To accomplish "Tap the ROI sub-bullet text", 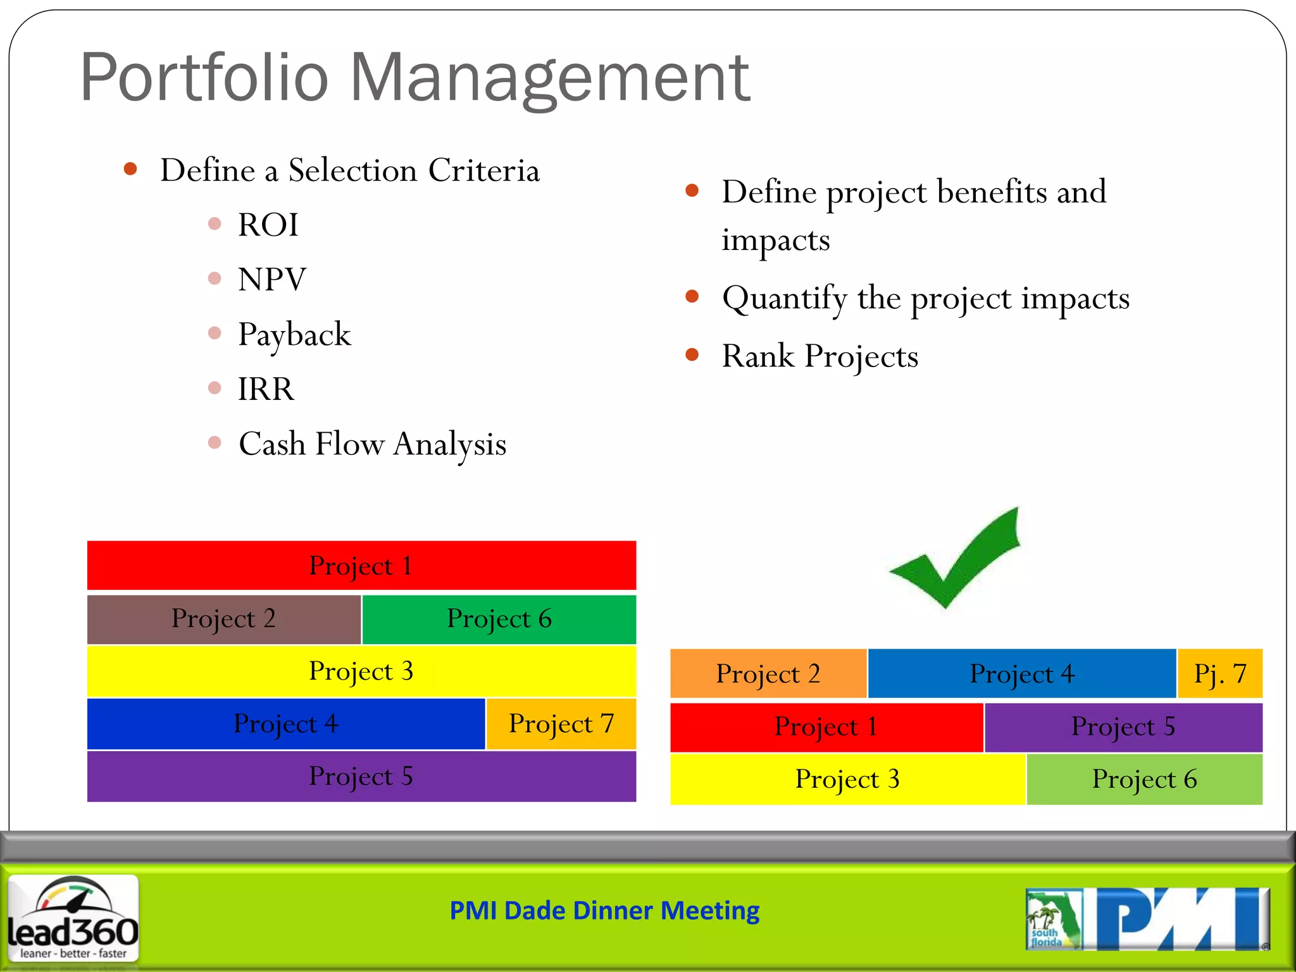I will coord(268,225).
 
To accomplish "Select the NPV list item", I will coord(272,279).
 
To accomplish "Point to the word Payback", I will coord(294,334).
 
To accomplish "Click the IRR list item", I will coord(266,389).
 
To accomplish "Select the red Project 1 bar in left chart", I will coord(361,565).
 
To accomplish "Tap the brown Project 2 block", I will coord(223,619).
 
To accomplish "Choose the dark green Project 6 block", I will coord(499,619).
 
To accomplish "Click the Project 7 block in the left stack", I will coord(561,724).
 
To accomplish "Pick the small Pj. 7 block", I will coord(1219,673).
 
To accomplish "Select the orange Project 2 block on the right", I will coord(768,673).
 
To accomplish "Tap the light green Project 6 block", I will coord(1144,779).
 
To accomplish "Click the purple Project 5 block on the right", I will coord(1123,726).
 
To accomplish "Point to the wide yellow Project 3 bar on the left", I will coord(361,671).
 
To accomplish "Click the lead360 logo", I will coord(73,918).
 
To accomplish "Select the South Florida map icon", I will coord(1053,919).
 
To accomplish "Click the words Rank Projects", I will coord(819,356).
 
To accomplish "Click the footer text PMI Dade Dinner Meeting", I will coord(604,911).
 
